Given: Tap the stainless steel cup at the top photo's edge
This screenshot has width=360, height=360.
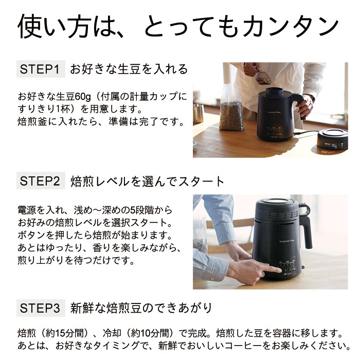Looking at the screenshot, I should pos(199,113).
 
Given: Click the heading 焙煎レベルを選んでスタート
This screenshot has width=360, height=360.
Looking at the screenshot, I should pos(147,182).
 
